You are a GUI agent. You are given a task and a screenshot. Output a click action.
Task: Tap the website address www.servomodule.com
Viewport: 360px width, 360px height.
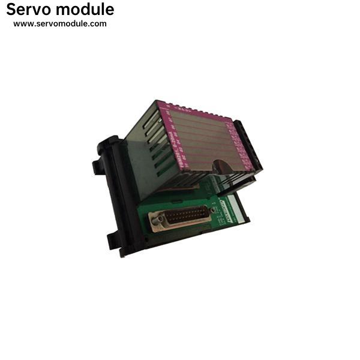60,24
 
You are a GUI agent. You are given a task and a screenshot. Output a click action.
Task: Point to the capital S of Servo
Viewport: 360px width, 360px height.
11,10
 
